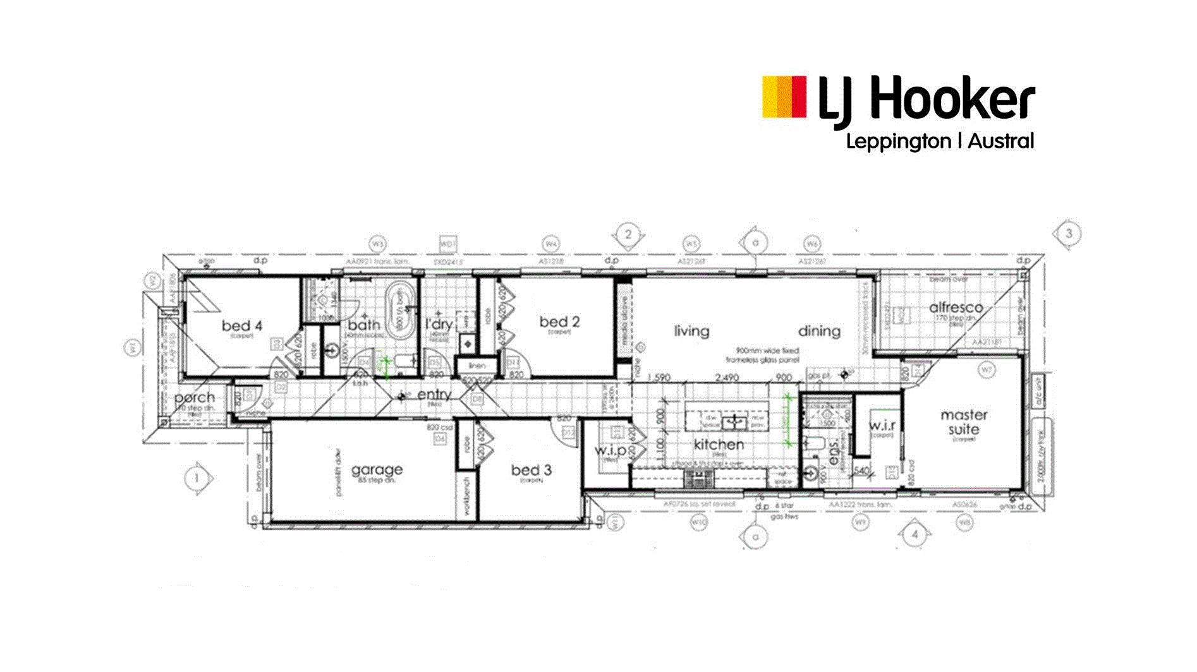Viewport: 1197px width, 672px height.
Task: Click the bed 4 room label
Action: click(241, 326)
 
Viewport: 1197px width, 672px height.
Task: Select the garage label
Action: click(377, 469)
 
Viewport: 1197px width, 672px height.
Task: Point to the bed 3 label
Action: click(531, 470)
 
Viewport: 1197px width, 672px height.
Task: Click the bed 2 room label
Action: click(559, 321)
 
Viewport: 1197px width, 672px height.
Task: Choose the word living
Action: click(691, 331)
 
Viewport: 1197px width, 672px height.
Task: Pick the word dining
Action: click(819, 331)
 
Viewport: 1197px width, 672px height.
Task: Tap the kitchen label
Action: click(719, 444)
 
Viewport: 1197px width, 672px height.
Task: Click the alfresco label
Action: click(956, 308)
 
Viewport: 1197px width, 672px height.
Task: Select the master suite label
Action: click(964, 422)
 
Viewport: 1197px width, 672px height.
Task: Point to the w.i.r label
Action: click(882, 425)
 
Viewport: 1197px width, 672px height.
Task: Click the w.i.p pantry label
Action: click(610, 450)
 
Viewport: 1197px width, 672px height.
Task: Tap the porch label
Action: click(194, 398)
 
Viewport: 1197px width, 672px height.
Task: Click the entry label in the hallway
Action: click(434, 395)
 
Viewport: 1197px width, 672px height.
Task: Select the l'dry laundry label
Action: click(439, 325)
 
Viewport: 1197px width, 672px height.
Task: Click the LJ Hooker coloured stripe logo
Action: click(784, 97)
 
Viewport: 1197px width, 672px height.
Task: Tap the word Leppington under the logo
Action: click(898, 141)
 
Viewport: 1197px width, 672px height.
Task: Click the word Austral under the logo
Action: click(1001, 140)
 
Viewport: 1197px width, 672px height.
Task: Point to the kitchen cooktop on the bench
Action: click(698, 480)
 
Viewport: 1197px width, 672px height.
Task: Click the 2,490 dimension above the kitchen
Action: click(726, 378)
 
